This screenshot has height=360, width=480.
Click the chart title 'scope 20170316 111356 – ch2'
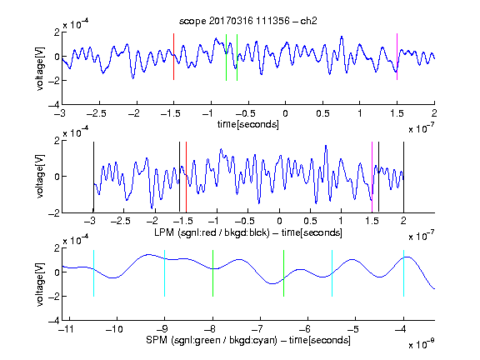tap(248, 21)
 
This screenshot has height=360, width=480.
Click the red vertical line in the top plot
tap(173, 57)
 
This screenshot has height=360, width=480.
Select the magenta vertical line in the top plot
tap(397, 57)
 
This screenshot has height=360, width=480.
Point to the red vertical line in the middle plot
tap(186, 177)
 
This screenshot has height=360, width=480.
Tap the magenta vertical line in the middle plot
tap(372, 177)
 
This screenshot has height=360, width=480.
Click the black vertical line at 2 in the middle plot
tap(403, 177)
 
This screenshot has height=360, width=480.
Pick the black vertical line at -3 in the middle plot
tap(93, 177)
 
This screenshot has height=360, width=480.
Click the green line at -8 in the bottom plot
tap(212, 273)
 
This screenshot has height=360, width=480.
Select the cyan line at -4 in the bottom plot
tap(403, 273)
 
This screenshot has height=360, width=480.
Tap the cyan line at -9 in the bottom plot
tap(164, 273)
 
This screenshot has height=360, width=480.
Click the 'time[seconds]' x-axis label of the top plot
tap(248, 124)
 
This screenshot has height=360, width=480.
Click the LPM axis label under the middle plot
tap(248, 232)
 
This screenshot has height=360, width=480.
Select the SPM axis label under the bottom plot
tap(248, 340)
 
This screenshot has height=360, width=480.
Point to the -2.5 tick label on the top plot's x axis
tap(97, 113)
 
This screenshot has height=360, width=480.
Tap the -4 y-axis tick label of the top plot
tap(54, 105)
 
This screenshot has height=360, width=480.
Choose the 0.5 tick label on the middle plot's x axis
tap(310, 221)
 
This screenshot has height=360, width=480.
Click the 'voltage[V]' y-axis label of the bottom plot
tap(40, 284)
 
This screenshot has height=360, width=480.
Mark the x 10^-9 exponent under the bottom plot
tap(421, 343)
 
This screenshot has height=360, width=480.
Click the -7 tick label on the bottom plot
tap(260, 329)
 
